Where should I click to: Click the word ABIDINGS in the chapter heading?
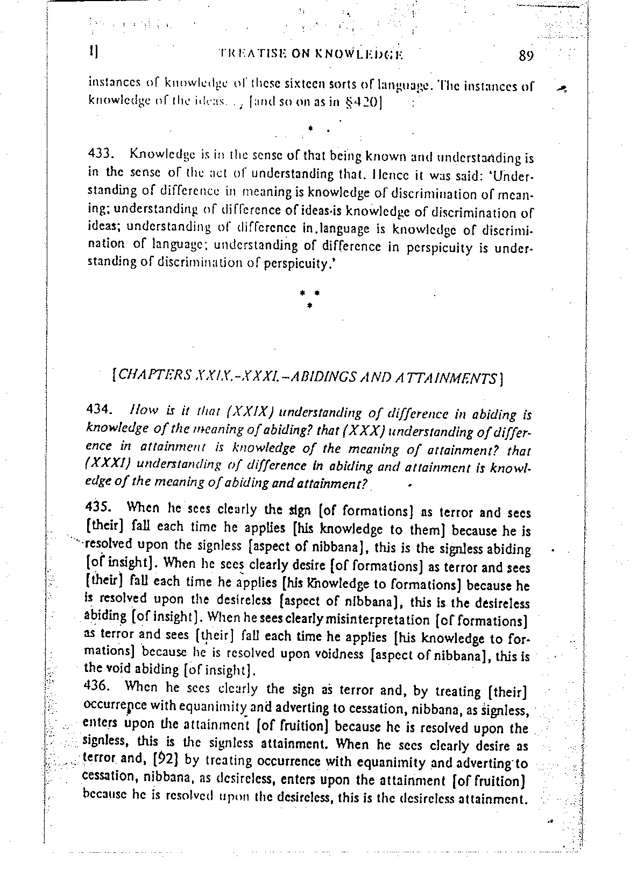pyautogui.click(x=324, y=377)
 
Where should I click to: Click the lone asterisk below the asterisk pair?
pyautogui.click(x=309, y=305)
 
